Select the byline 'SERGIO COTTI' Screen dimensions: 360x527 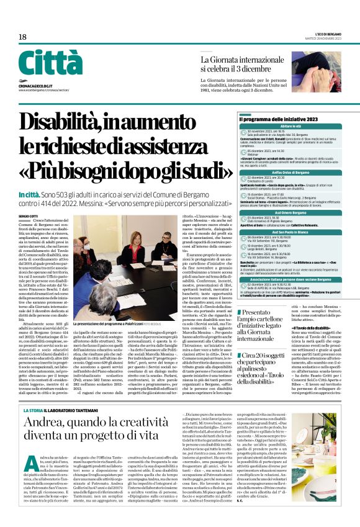[x=27, y=216]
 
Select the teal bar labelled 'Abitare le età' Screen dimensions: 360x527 [x=291, y=126]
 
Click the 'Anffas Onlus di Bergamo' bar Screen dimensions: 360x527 [x=291, y=172]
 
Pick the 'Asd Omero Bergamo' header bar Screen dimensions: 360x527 [x=291, y=212]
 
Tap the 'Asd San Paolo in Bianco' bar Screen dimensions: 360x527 [x=291, y=232]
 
